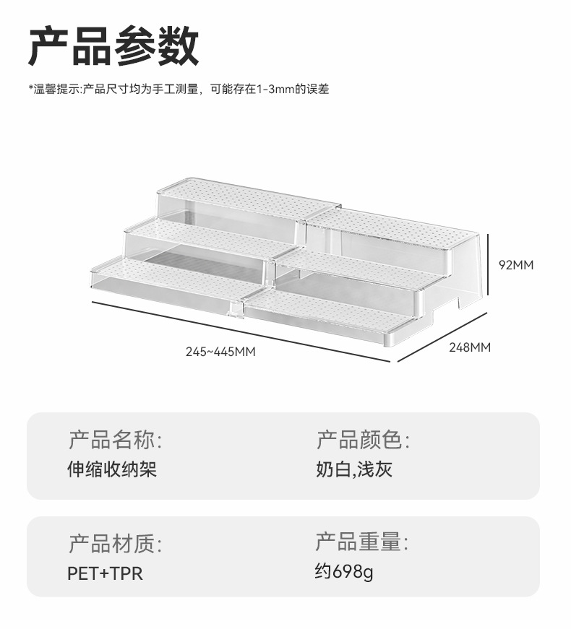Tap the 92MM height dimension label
pos(516,264)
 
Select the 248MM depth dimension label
pos(469,347)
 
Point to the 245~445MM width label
pos(220,352)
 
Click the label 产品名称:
pos(115,439)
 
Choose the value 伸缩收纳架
pos(112,469)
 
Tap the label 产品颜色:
pos(363,439)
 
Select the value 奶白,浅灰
pos(354,469)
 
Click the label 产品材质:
pos(115,543)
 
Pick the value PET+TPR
pos(105,573)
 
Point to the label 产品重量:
pos(363,542)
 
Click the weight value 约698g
pos(344,573)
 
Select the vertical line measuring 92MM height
pos(489,264)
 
